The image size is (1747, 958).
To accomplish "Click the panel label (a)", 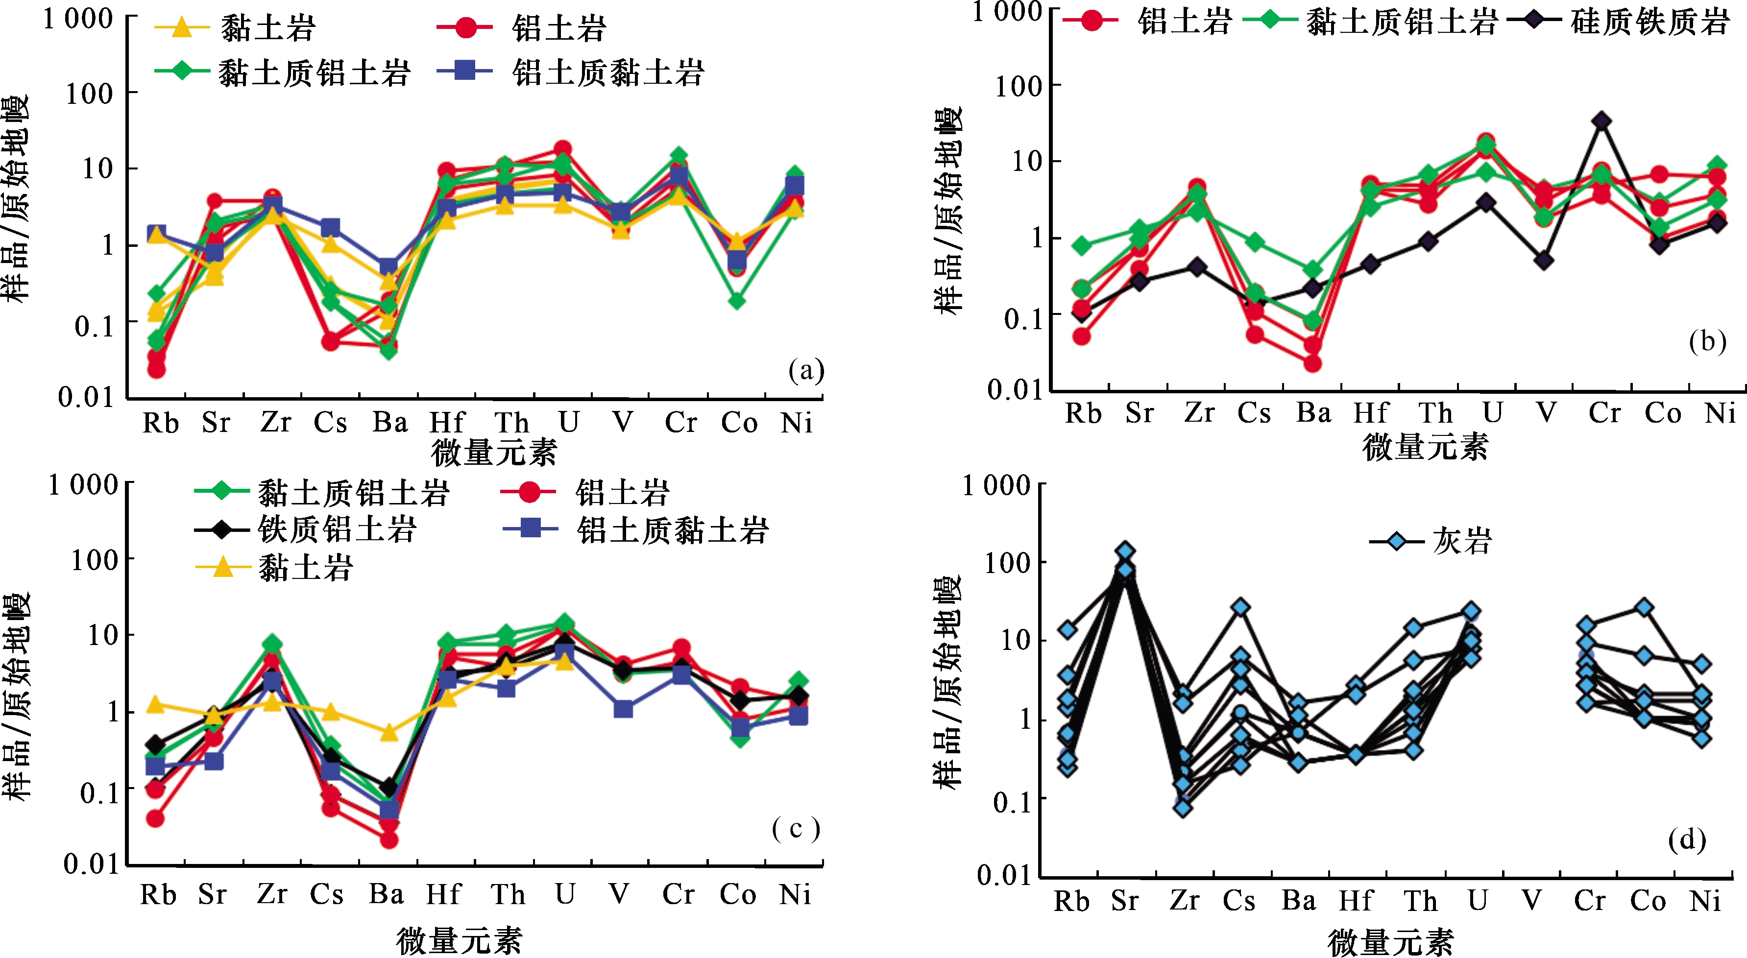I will coord(806,370).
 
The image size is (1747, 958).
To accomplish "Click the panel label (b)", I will coord(1706,341).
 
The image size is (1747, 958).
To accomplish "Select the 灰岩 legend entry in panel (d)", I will coord(1431,541).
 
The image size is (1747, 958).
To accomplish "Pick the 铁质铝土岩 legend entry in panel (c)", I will coord(305,529).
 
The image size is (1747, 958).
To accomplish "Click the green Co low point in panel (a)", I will coord(737,300).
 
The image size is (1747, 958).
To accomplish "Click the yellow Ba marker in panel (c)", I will coord(388,732).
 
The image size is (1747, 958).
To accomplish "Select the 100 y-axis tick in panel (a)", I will coord(90,94).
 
